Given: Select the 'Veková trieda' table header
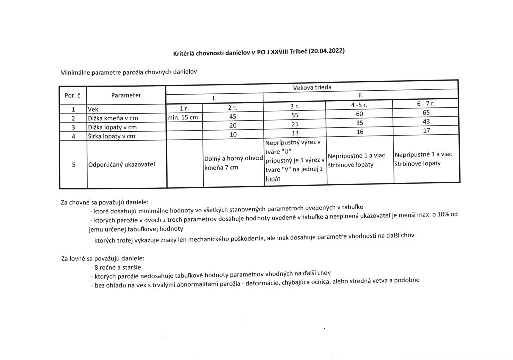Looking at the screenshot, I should coord(312,87).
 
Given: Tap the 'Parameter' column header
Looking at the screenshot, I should coord(126,95).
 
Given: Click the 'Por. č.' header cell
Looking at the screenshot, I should coord(73,95).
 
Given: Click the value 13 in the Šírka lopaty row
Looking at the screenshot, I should coord(294,133).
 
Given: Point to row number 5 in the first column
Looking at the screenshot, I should coord(73,164).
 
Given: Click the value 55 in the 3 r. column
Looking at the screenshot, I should coord(294,115).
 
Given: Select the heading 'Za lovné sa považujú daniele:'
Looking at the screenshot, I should coord(103,259).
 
